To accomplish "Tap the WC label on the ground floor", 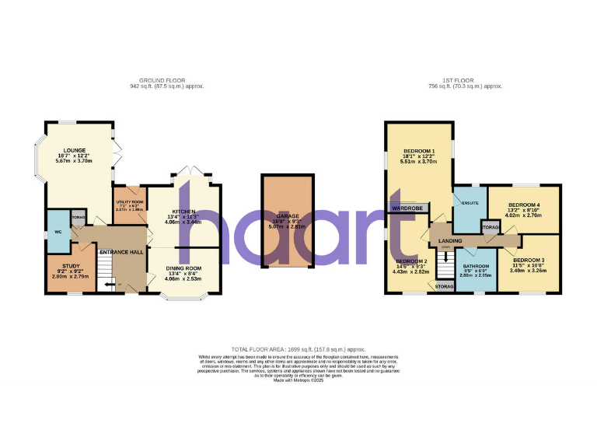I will point(58,232).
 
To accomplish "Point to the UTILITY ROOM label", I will point(129,201).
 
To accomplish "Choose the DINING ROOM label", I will point(183,268).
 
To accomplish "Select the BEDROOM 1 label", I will point(419,150).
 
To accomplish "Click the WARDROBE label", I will point(407,208).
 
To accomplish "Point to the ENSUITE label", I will point(470,203).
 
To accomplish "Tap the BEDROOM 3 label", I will point(529,260).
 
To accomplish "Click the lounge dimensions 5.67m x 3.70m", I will point(75,161).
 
